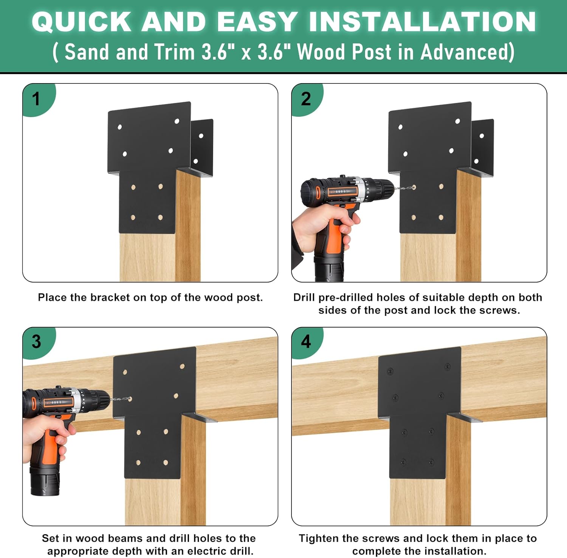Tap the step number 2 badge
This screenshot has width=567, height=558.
[306, 99]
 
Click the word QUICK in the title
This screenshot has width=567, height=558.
[81, 22]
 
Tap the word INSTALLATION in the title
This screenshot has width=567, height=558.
[422, 22]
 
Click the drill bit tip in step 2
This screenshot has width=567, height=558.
[413, 187]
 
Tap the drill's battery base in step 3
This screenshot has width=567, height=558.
[45, 483]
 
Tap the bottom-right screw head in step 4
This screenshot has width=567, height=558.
[431, 462]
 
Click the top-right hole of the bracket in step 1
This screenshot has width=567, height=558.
[177, 121]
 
